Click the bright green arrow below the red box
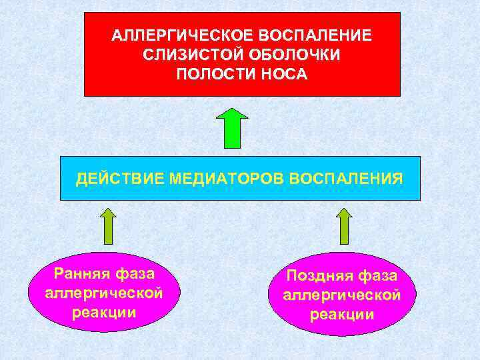tap(231, 127)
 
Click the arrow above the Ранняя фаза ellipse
tap(108, 225)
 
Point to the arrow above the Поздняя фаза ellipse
tap(343, 225)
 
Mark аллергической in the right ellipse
tap(342, 295)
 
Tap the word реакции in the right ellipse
tap(342, 314)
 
